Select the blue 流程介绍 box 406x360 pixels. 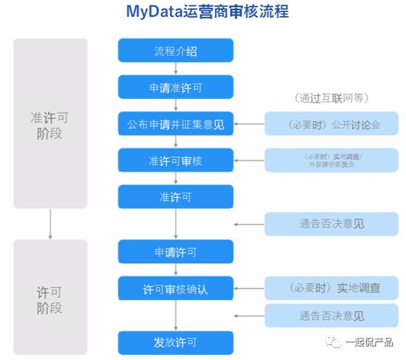[x=176, y=51]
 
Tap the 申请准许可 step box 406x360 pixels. [x=176, y=88]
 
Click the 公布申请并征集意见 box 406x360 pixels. [x=176, y=124]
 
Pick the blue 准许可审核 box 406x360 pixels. [x=176, y=160]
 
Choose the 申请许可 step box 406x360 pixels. [x=176, y=252]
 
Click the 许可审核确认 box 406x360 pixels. [x=176, y=289]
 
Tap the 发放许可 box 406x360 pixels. [x=176, y=342]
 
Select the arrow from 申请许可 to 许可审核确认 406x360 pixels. [x=176, y=270]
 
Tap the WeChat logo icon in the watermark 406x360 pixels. [x=334, y=343]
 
